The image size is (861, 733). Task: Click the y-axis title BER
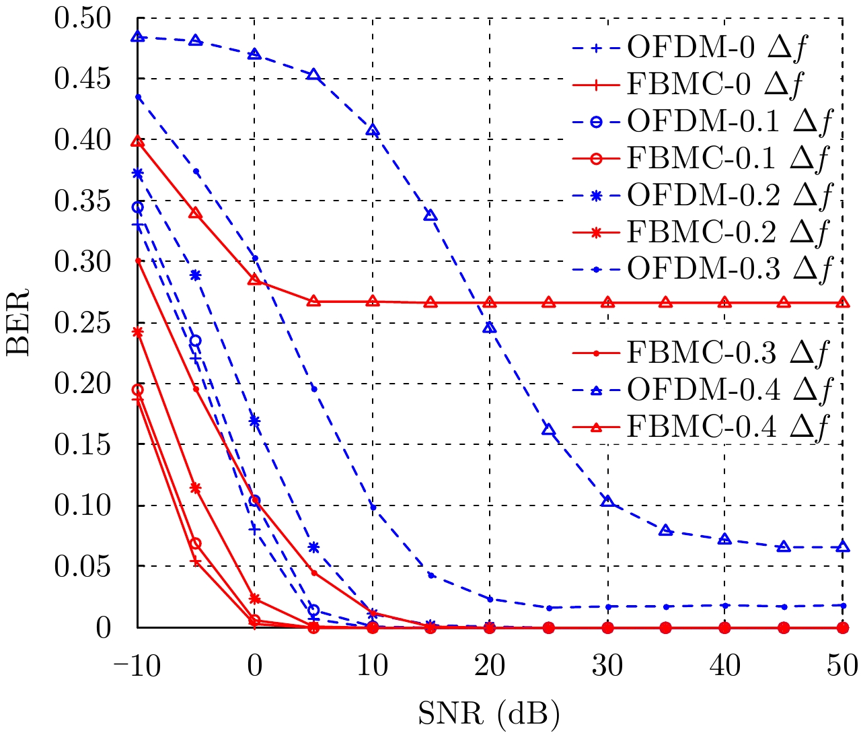coord(18,322)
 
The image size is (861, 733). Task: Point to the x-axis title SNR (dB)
coord(489,714)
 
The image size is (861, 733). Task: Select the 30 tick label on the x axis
coord(607,666)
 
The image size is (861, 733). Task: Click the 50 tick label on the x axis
coord(842,666)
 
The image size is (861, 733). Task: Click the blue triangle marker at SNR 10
coord(373,130)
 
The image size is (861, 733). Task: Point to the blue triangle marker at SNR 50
coord(842,547)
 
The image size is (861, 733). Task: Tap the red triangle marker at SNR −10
coord(138,141)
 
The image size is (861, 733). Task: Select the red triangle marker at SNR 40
coord(724,303)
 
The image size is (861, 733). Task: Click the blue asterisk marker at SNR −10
coord(138,174)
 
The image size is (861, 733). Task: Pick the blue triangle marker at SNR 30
coord(607,501)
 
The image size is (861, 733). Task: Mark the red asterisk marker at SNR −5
coord(196,488)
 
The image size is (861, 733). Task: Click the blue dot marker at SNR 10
coord(373,507)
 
